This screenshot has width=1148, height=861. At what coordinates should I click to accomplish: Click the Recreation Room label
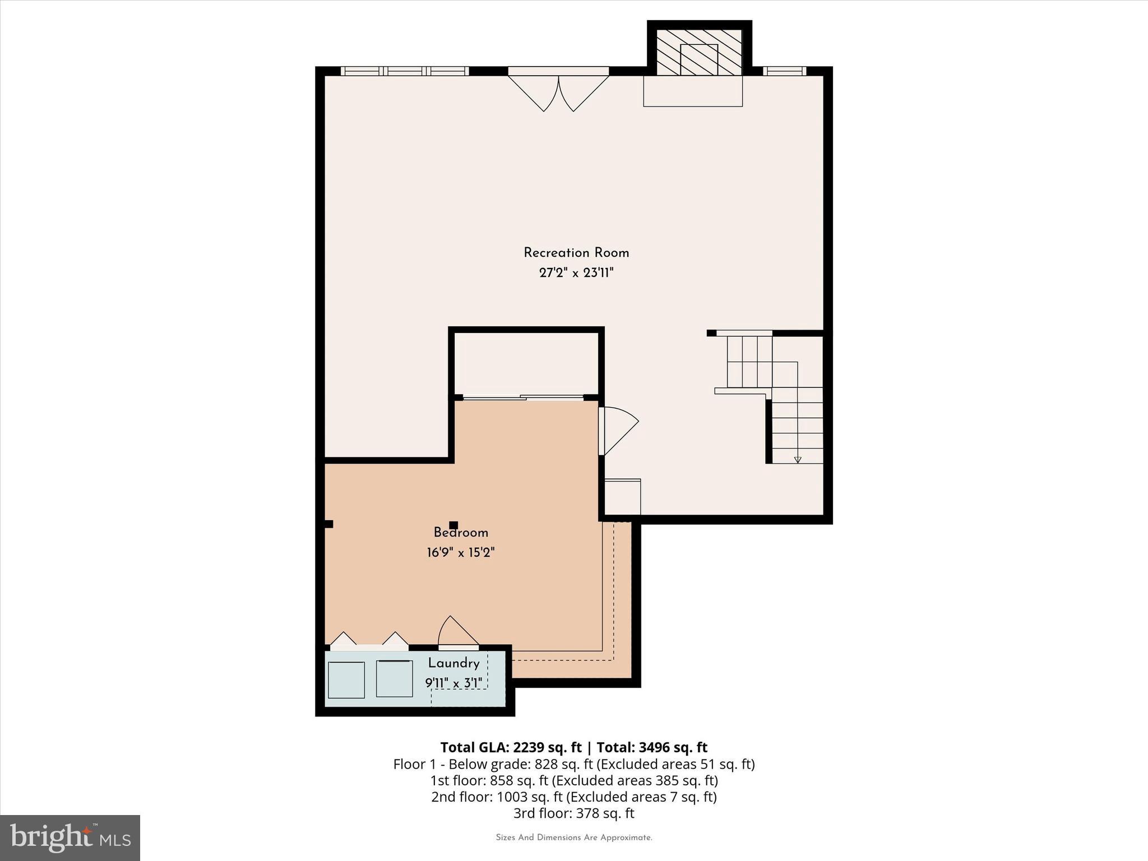pyautogui.click(x=576, y=253)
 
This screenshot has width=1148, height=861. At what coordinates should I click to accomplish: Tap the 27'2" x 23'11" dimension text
pyautogui.click(x=576, y=273)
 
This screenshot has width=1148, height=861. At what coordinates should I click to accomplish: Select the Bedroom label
pyautogui.click(x=461, y=533)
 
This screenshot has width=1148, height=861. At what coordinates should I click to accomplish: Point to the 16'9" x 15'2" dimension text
pyautogui.click(x=461, y=553)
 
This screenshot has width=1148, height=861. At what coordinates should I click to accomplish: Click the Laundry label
pyautogui.click(x=453, y=664)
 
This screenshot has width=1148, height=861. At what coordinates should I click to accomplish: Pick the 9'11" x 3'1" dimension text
pyautogui.click(x=453, y=683)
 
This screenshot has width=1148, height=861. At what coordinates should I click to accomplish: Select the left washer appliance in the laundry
pyautogui.click(x=346, y=680)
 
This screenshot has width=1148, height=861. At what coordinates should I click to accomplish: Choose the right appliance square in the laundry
pyautogui.click(x=394, y=679)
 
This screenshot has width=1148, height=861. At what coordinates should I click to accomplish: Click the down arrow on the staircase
pyautogui.click(x=798, y=460)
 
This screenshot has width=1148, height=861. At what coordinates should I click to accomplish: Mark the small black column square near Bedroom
pyautogui.click(x=453, y=525)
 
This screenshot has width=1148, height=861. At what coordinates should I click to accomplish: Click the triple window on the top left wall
pyautogui.click(x=405, y=71)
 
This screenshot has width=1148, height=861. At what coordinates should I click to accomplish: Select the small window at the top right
pyautogui.click(x=784, y=71)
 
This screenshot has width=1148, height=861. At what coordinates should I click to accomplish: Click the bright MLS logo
pyautogui.click(x=70, y=837)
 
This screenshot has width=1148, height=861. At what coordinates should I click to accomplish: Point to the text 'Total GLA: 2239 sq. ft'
pyautogui.click(x=511, y=747)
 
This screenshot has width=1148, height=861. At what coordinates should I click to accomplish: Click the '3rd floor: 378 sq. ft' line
pyautogui.click(x=573, y=813)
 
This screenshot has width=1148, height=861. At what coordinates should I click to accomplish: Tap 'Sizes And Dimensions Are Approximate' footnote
pyautogui.click(x=573, y=837)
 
